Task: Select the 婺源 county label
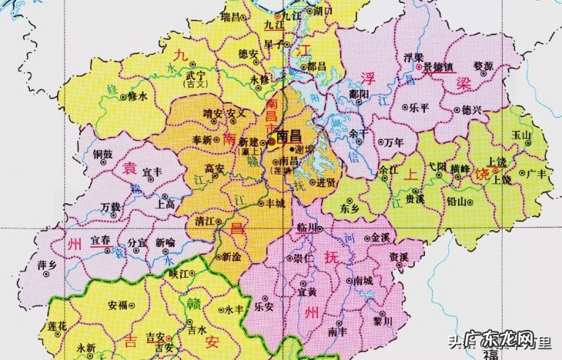483,65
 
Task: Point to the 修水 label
137,96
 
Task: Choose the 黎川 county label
383,321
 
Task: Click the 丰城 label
274,205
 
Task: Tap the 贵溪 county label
414,198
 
